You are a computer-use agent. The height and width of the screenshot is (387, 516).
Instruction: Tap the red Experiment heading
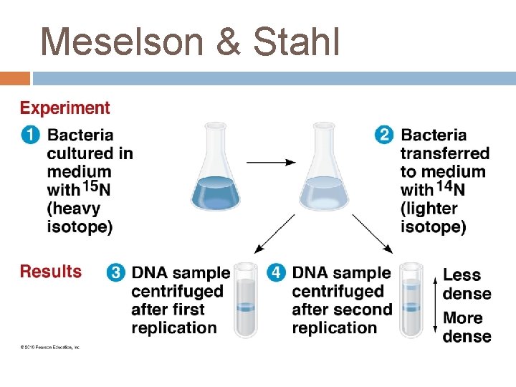coord(65,108)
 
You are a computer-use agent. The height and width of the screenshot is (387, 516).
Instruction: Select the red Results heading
coord(51,272)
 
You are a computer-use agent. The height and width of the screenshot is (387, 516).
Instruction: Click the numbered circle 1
coord(31,135)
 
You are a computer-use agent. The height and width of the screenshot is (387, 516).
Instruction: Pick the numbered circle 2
coord(385,135)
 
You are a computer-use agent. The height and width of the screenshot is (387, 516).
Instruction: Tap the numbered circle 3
coord(116,273)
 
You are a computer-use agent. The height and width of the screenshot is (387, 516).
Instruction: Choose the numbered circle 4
coord(277,273)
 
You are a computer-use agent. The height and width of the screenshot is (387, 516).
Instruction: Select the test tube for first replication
coord(246,300)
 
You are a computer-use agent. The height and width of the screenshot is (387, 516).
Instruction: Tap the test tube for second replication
coord(411,300)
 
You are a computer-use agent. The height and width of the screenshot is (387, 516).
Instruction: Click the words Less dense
coord(467,284)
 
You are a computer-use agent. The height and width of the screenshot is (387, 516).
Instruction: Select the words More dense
coord(467,327)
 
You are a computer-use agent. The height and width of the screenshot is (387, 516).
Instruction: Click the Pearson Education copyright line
coord(49,348)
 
